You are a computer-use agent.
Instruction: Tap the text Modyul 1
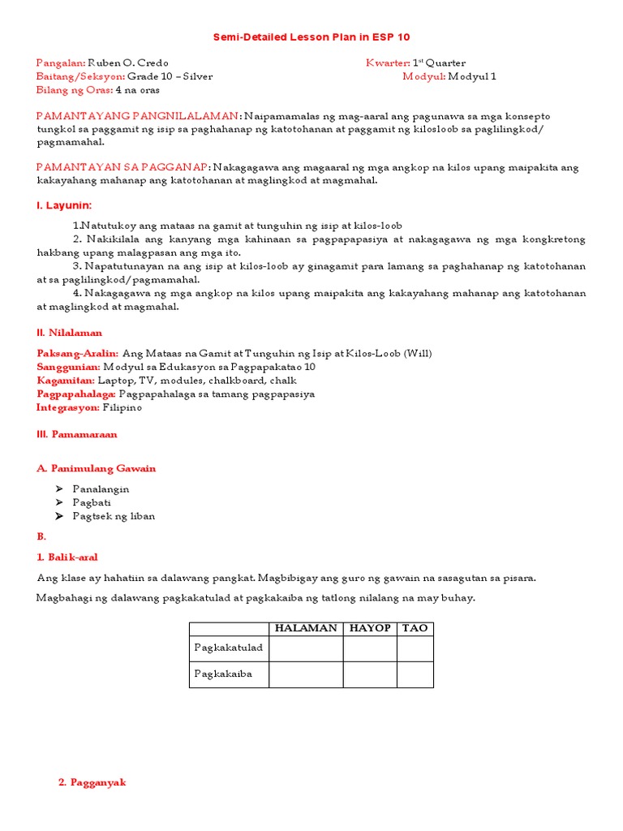click(x=472, y=76)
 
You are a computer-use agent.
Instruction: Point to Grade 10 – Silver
click(x=170, y=76)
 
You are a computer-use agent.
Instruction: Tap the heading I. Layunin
click(x=64, y=205)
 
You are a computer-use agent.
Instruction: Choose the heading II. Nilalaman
click(x=69, y=333)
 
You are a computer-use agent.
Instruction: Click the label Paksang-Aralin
click(x=77, y=353)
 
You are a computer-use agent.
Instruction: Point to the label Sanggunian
click(x=68, y=367)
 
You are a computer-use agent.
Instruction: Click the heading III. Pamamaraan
click(x=76, y=434)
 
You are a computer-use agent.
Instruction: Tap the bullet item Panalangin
click(x=101, y=489)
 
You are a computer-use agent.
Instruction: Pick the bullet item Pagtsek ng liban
click(x=114, y=516)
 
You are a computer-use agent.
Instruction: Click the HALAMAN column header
click(x=306, y=628)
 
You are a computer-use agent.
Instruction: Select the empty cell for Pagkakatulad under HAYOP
click(x=369, y=648)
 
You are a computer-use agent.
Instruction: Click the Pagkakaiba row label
click(x=223, y=674)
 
